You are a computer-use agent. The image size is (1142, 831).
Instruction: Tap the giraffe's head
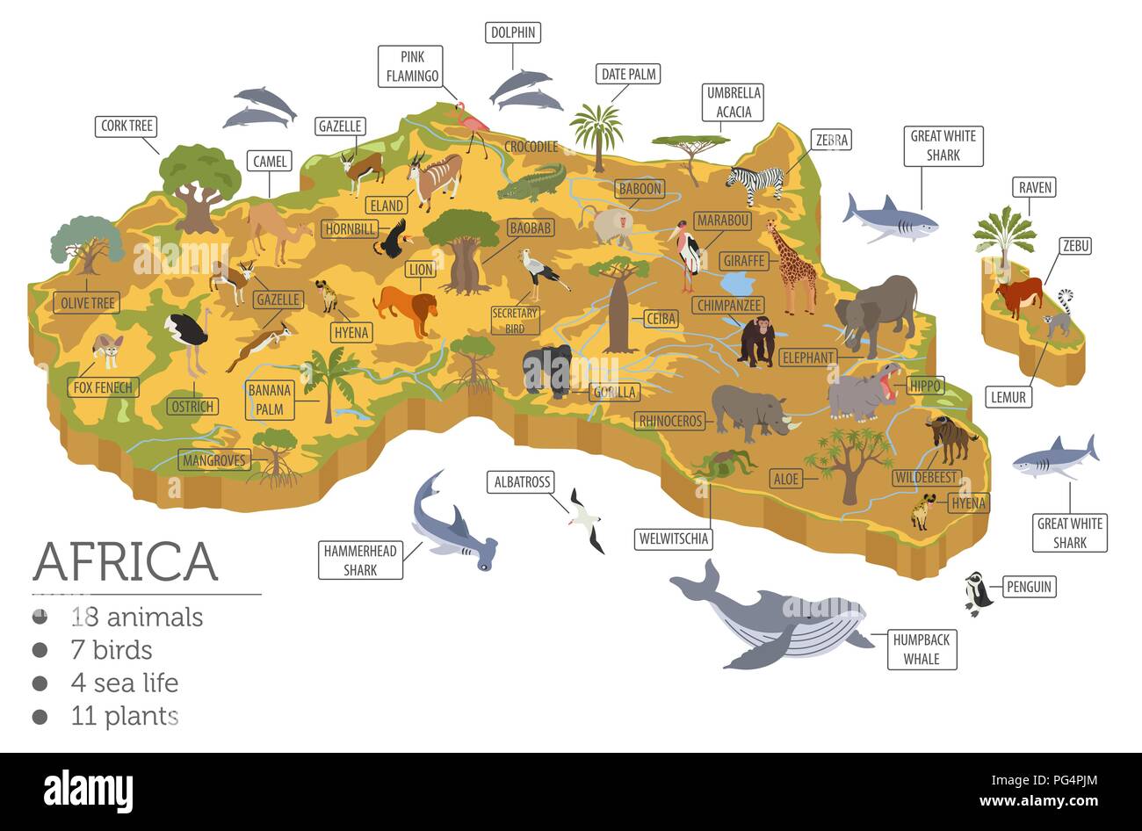pyautogui.click(x=771, y=225)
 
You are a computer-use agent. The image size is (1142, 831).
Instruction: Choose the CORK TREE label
pyautogui.click(x=126, y=126)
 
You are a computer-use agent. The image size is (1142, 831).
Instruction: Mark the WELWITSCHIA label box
pyautogui.click(x=675, y=538)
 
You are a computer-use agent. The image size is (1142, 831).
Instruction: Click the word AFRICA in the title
pyautogui.click(x=125, y=562)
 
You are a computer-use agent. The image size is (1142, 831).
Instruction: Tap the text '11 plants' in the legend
pyautogui.click(x=125, y=716)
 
